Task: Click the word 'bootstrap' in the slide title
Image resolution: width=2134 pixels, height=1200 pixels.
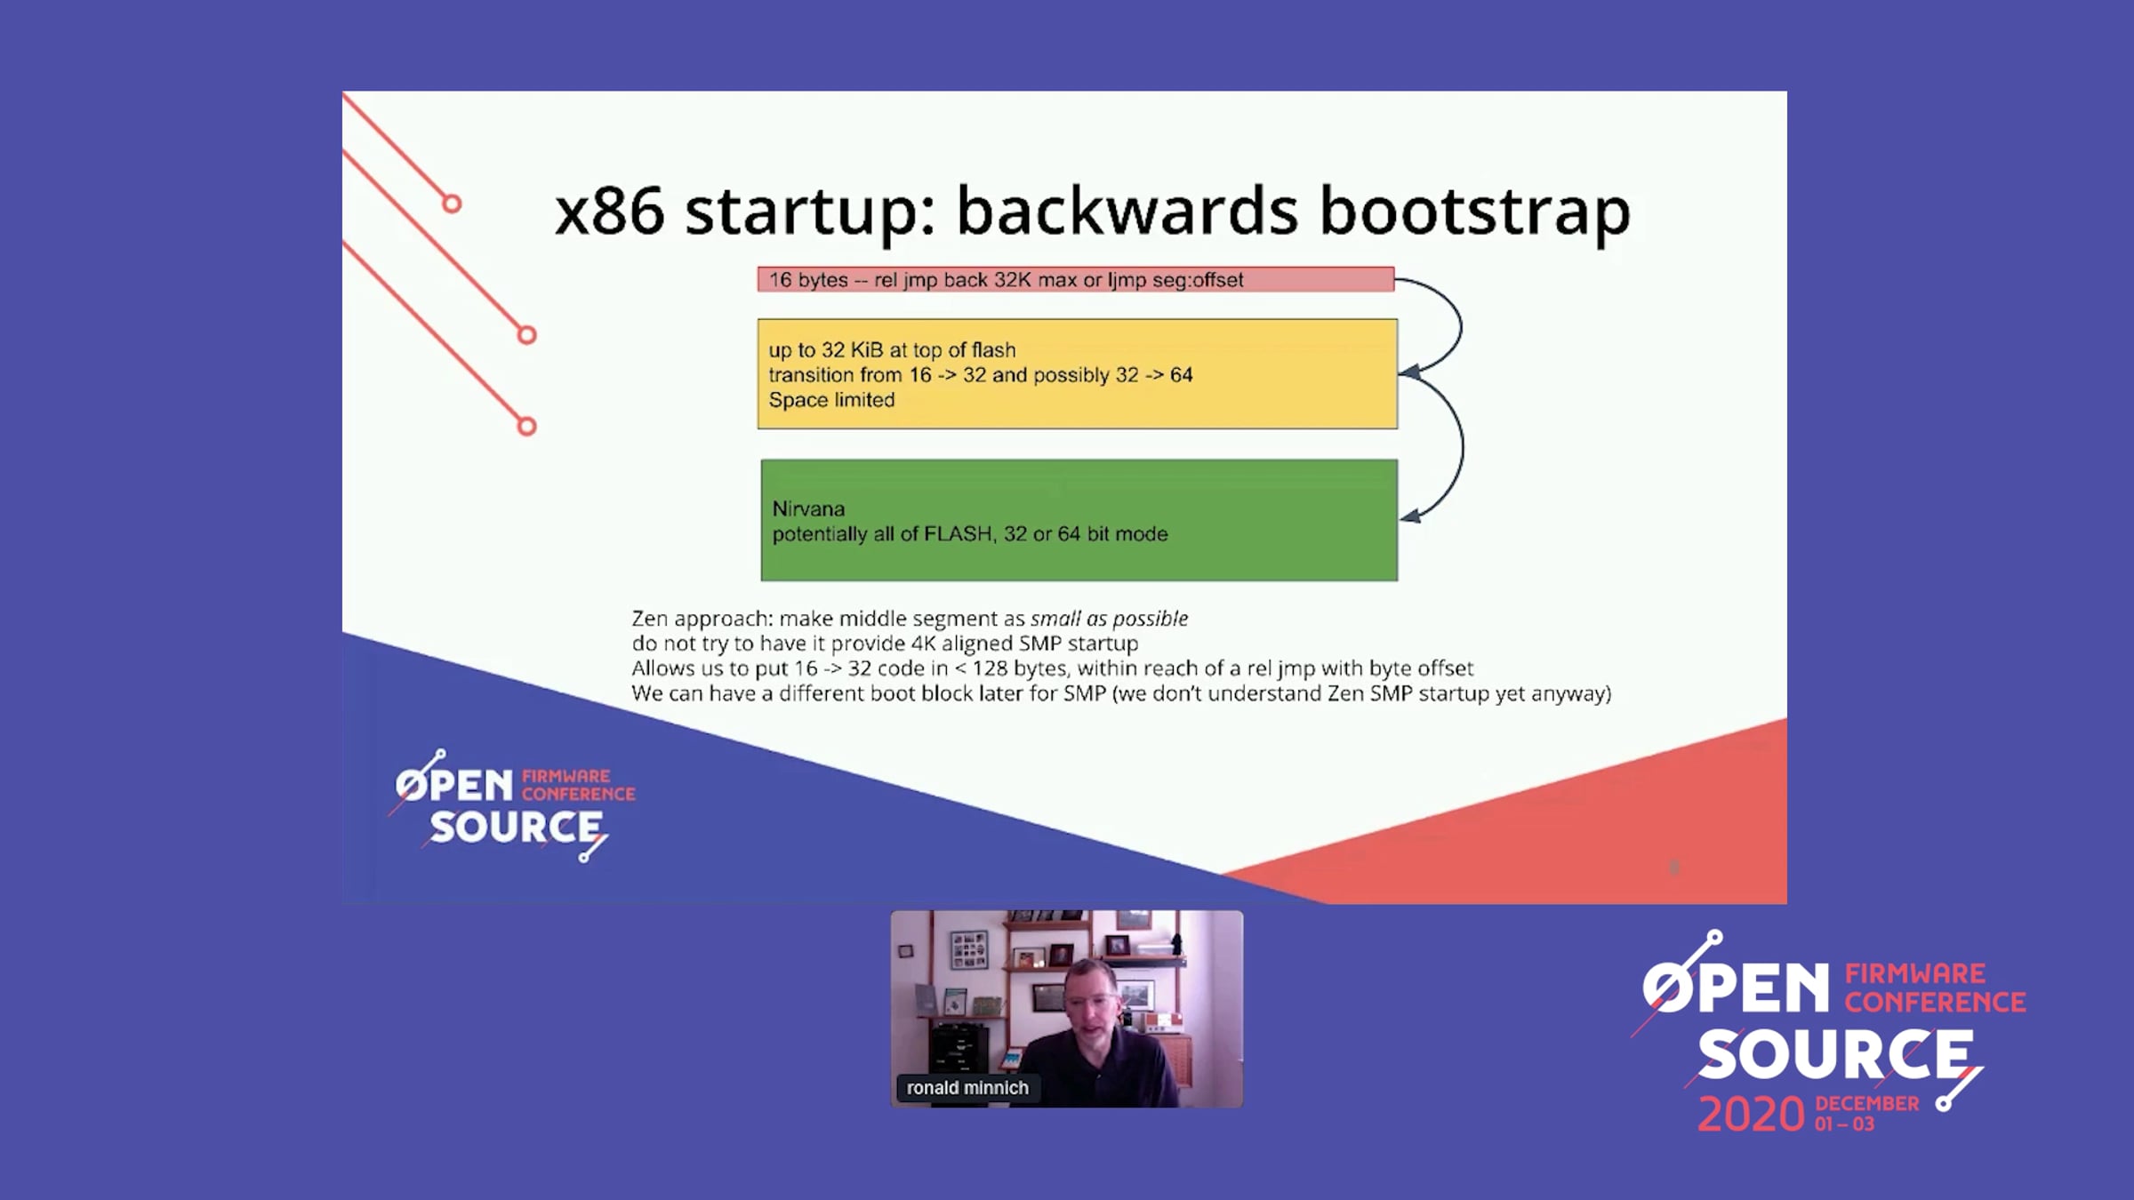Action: click(x=1474, y=213)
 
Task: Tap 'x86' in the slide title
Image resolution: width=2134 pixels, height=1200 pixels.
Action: click(x=609, y=213)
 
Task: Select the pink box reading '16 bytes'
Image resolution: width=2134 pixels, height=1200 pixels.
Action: click(x=1076, y=279)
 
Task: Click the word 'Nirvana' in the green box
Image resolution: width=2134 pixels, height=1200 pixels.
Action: click(x=808, y=509)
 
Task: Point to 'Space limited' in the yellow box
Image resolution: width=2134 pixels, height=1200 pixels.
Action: click(x=831, y=400)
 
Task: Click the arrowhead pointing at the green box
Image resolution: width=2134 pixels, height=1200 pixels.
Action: click(x=1410, y=515)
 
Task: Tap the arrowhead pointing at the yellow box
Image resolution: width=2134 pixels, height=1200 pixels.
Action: click(x=1409, y=372)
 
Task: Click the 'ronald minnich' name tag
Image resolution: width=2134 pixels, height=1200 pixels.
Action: click(x=967, y=1088)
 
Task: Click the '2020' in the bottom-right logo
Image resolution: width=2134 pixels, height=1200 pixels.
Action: click(x=1751, y=1115)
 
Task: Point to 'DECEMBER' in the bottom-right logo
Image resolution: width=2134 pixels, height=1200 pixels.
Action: click(x=1867, y=1104)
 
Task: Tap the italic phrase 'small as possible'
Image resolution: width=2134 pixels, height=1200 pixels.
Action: click(x=1109, y=619)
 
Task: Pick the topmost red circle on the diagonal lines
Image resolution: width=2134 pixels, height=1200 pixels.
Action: click(x=452, y=204)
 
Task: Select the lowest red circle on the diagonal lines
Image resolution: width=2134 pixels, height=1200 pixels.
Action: click(x=526, y=427)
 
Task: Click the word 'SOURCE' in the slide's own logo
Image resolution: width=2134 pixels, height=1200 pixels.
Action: click(x=516, y=828)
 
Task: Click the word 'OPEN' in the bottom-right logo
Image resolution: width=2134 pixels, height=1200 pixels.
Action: click(x=1736, y=988)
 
